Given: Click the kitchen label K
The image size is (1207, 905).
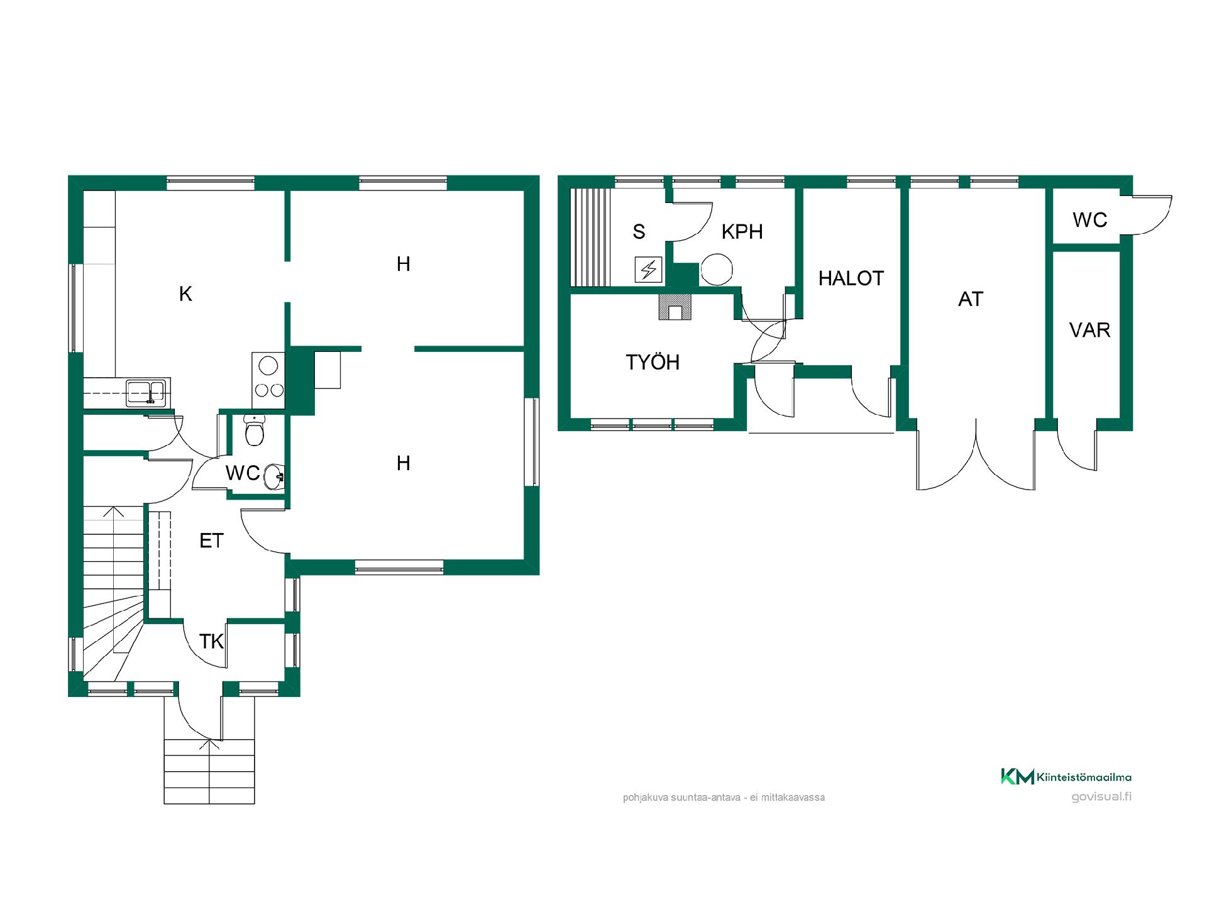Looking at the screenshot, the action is pos(185,293).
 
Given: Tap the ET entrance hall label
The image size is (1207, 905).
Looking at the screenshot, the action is pos(211,540).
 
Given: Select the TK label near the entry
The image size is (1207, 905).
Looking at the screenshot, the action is pos(211,642).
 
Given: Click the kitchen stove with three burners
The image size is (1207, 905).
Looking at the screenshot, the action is pos(268,380).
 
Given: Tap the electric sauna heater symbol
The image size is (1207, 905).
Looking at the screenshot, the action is pos(648,270).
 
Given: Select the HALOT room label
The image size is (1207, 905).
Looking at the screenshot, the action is pos(851,278).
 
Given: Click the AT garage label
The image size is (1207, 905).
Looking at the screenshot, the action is pos(971,299).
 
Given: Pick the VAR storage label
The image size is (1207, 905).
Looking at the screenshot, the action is pos(1090,330).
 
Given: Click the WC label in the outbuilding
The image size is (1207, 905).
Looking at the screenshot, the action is pos(1090,220).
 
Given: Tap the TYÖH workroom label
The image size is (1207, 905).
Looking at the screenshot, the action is pos(653,362).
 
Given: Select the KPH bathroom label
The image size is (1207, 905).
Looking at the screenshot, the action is pos(742,231).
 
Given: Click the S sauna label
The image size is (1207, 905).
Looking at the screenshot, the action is pos(639,232).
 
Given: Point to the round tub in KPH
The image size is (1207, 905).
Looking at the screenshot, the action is pos(717,270).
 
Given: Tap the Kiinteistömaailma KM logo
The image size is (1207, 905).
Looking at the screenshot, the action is pos(1066,777).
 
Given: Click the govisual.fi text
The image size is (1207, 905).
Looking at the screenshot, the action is pos(1101,797).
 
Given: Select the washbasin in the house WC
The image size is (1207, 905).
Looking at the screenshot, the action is pos(274,476).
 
